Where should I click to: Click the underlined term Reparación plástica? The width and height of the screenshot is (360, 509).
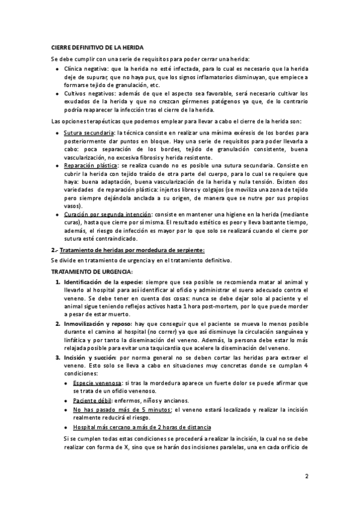89,164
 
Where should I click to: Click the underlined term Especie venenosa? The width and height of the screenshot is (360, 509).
97,382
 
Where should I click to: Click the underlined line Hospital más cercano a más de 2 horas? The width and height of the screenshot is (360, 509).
141,427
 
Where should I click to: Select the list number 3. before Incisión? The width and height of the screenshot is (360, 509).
58,357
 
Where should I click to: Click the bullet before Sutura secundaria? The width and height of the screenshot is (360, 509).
56,132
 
